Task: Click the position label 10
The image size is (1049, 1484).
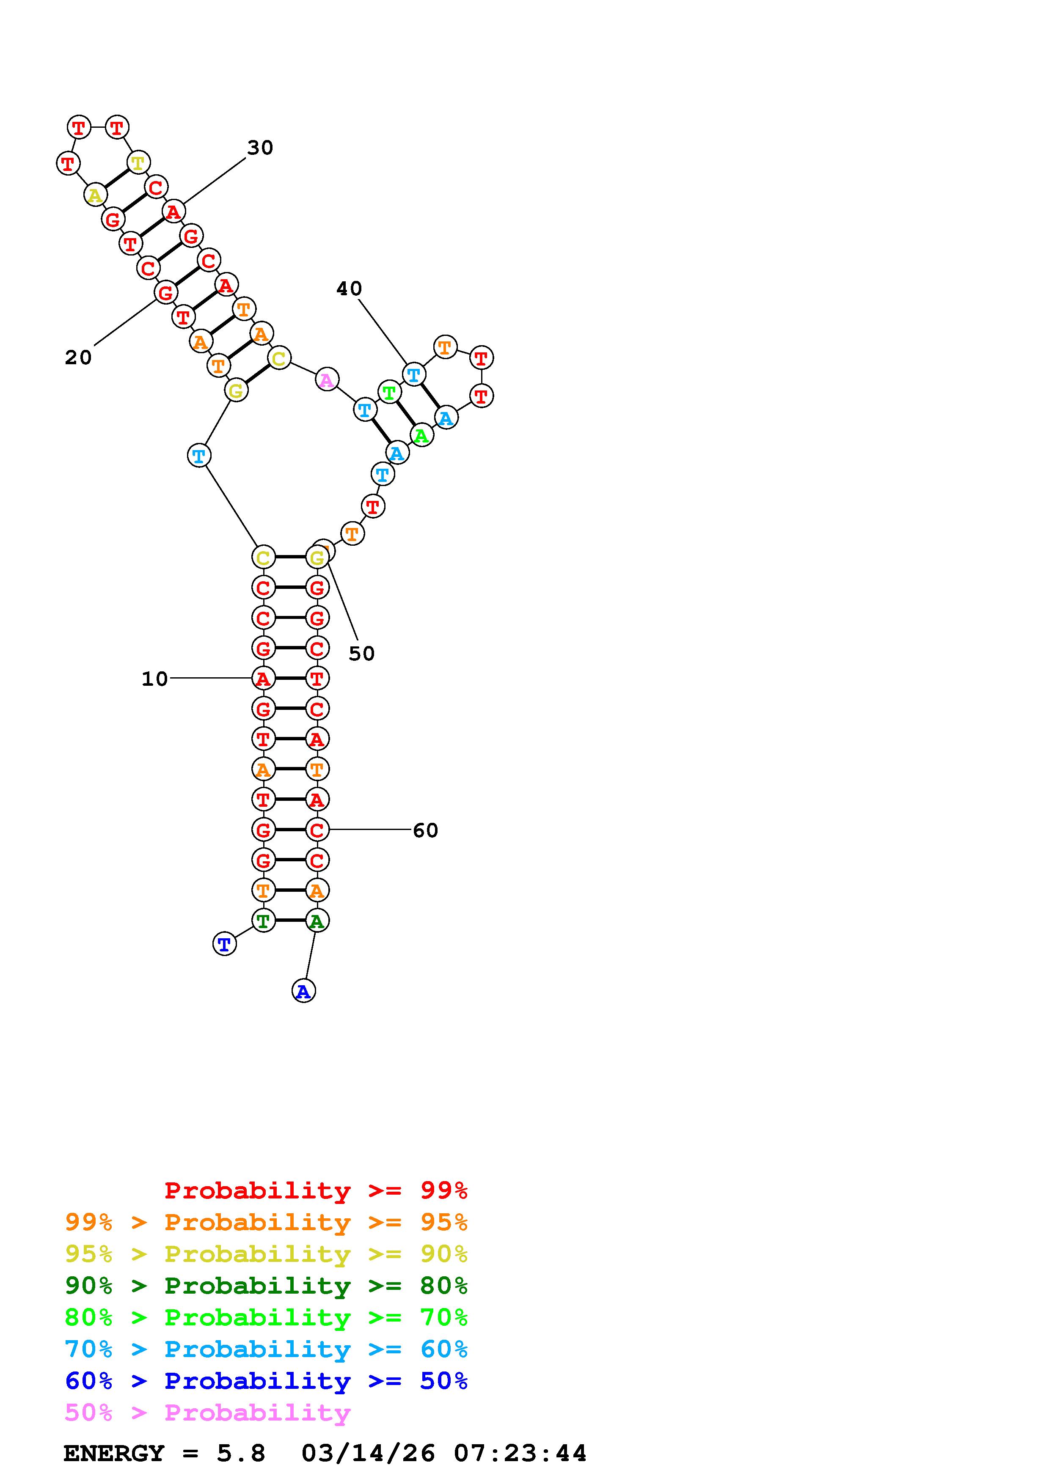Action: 154,679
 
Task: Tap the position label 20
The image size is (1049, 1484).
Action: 78,357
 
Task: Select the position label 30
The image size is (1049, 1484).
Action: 260,148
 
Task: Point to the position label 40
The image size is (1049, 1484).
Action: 349,289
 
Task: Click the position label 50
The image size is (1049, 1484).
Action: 361,654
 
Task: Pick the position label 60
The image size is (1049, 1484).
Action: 425,830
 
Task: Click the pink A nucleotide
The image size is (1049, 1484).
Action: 327,379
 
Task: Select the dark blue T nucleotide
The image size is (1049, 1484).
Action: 224,944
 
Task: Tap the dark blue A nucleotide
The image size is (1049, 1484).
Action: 303,991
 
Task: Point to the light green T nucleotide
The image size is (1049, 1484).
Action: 389,392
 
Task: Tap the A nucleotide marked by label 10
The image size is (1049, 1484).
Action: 263,678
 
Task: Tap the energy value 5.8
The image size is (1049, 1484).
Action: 240,1453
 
